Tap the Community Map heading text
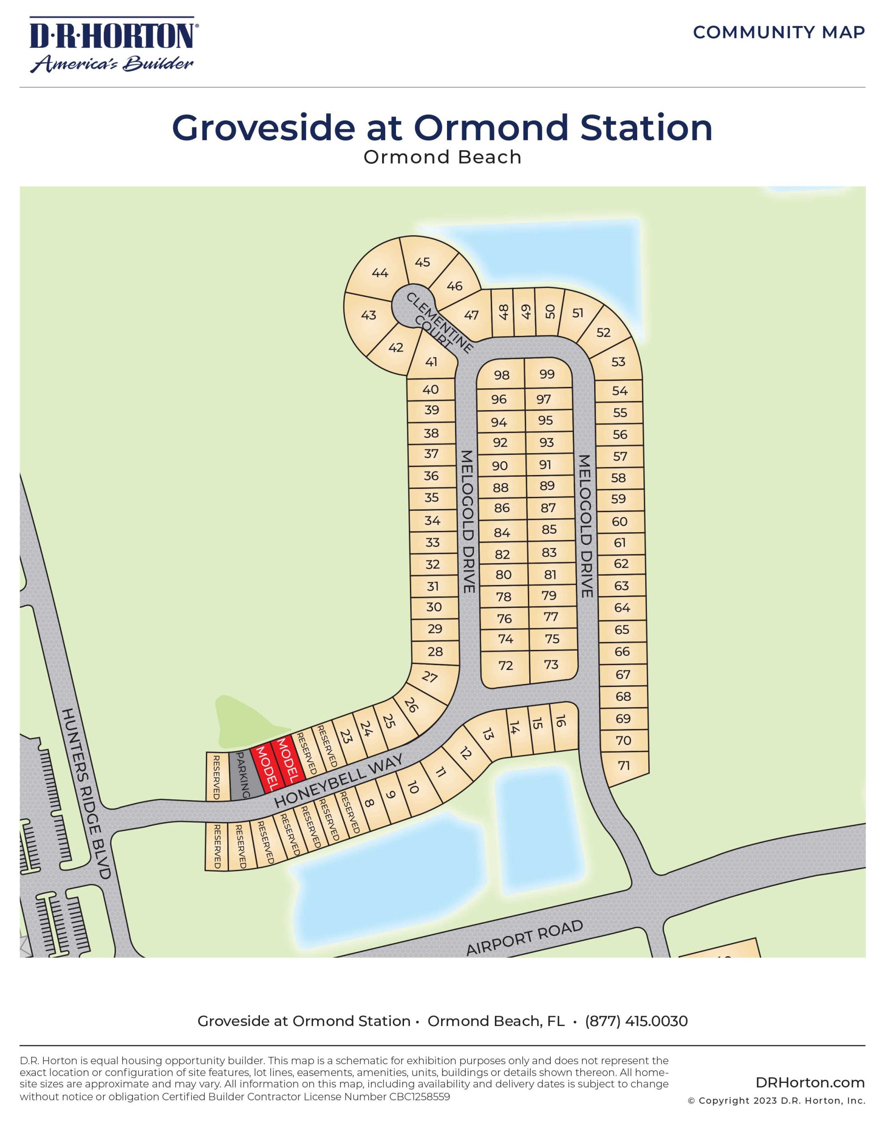click(x=779, y=33)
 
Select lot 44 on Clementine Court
click(x=380, y=273)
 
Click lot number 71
click(x=623, y=765)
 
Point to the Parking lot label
click(x=243, y=774)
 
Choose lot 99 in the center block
click(x=547, y=374)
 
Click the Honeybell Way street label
click(x=339, y=780)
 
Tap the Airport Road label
click(x=524, y=938)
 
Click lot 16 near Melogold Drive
click(x=560, y=721)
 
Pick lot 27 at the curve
click(x=430, y=677)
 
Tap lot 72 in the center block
click(x=505, y=665)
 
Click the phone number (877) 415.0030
click(x=636, y=1021)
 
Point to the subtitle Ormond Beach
click(x=442, y=157)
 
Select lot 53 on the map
click(x=618, y=362)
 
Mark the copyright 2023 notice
click(x=776, y=1100)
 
